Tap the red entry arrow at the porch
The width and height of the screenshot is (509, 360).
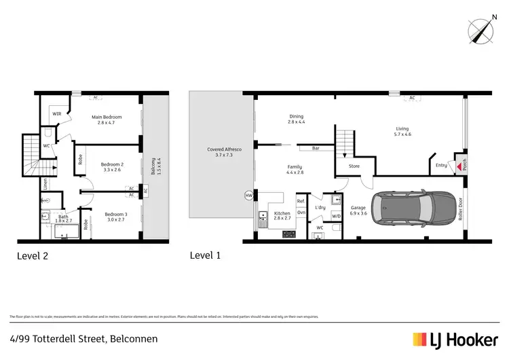459,166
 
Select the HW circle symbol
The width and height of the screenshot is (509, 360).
248,196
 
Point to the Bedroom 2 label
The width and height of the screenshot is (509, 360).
112,167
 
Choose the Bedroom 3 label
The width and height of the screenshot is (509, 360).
116,217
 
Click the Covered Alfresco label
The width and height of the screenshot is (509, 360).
224,153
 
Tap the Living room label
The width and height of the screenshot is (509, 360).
403,131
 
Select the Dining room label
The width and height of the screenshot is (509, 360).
296,120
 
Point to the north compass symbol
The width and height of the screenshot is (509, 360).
483,30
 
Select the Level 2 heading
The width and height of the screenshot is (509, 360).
32,256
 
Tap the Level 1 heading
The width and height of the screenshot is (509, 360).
206,256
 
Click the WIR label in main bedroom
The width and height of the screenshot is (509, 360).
57,113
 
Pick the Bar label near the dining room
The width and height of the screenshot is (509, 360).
316,147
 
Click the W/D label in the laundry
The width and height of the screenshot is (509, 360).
336,217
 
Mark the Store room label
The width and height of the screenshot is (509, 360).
354,166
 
